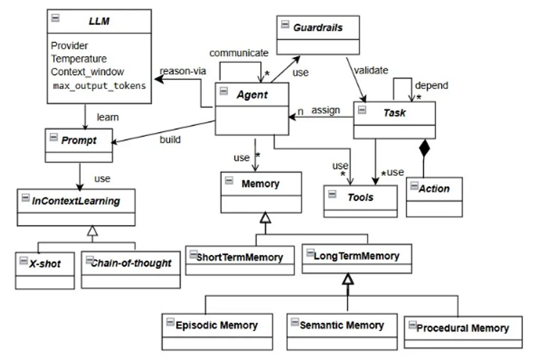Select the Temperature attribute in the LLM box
(79, 59)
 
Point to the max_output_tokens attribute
(99, 86)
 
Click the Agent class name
(252, 94)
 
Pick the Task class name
(393, 112)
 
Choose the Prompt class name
(79, 140)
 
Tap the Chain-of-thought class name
(131, 263)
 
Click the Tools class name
(361, 197)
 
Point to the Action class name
(434, 189)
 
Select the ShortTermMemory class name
(240, 257)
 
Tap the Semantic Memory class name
(342, 325)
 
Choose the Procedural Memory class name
(462, 328)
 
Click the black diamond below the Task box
(424, 148)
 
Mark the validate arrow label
(371, 70)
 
